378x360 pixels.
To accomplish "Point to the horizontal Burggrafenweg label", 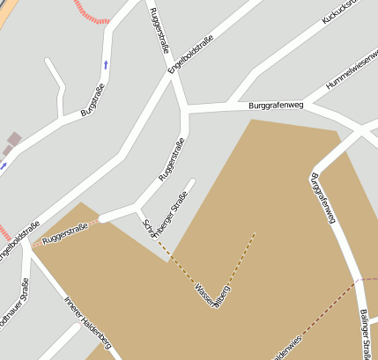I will coord(276,106).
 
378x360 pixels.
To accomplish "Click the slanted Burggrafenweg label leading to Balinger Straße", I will coord(323,199).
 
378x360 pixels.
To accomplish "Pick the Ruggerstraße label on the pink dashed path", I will coord(65,232).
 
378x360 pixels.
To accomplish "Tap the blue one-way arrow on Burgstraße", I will coord(107,63).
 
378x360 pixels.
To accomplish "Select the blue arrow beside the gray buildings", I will coord(3,164).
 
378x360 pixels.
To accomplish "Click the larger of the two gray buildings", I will coord(14,138).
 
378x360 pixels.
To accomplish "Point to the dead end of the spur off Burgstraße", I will coord(47,61).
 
